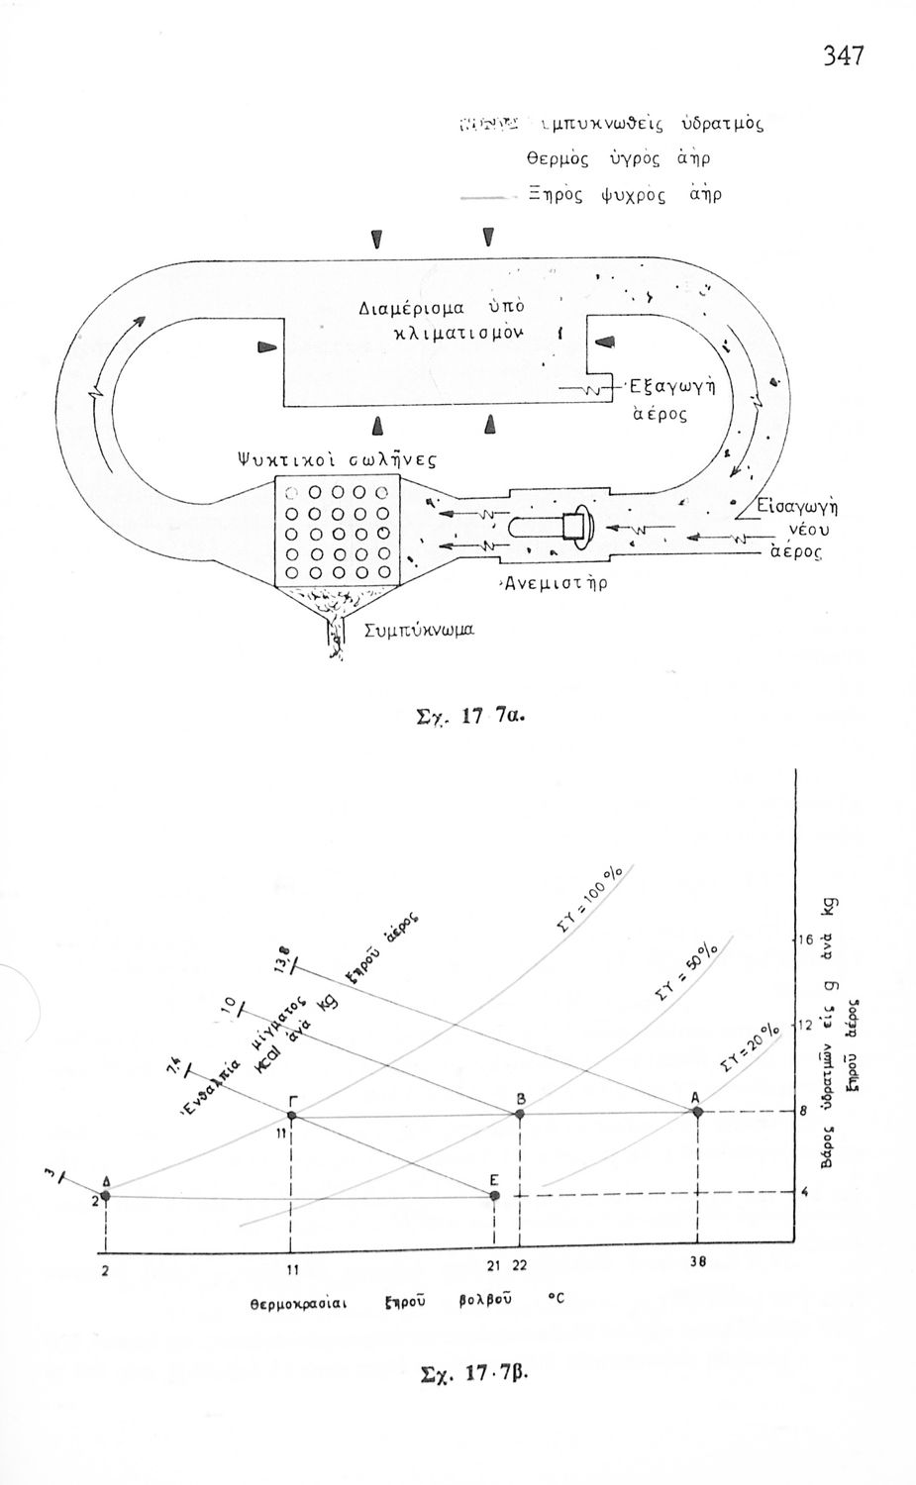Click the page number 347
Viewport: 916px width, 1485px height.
(844, 56)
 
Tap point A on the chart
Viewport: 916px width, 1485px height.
(697, 1112)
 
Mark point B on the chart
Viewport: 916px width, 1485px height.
(518, 1114)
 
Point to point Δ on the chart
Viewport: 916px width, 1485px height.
(106, 1196)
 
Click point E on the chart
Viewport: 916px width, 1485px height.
(495, 1196)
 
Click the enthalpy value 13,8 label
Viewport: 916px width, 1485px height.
(283, 959)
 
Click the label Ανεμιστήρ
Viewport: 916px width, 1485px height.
(552, 583)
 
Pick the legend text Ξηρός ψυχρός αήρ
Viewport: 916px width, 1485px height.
(624, 194)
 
